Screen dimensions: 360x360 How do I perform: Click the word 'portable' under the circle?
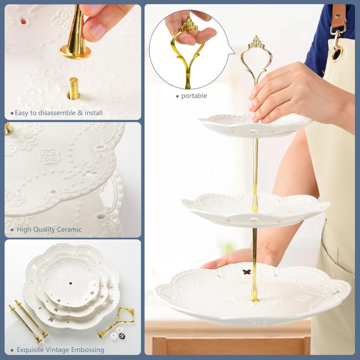(194, 96)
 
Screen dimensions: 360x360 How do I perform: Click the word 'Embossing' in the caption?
(87, 350)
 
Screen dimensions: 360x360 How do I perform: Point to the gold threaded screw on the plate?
(74, 89)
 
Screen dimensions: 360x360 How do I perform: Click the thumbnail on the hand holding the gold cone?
(97, 31)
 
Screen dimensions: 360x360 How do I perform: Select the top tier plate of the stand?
(255, 125)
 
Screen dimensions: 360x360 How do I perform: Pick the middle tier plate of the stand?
(256, 210)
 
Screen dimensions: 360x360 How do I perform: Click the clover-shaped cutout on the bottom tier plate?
(247, 272)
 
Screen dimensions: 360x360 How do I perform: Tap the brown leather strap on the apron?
(338, 16)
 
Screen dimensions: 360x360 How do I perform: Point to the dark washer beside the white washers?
(122, 336)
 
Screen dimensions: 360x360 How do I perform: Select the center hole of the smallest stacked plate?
(70, 283)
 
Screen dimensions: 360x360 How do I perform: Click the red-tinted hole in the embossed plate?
(24, 22)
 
